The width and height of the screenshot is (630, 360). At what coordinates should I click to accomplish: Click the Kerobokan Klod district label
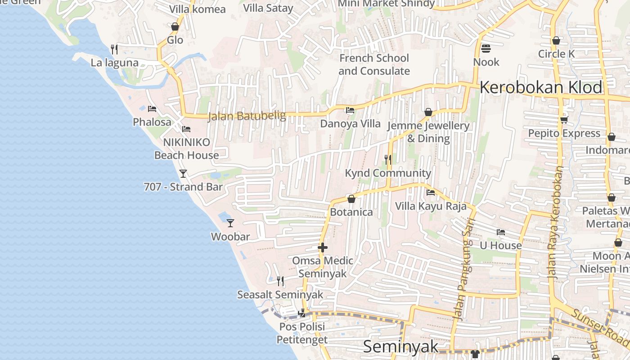540,87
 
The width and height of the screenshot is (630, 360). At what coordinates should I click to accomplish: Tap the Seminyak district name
400,346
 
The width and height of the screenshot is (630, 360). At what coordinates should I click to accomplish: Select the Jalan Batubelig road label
247,116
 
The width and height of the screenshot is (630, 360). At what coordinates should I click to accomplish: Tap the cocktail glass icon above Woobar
230,223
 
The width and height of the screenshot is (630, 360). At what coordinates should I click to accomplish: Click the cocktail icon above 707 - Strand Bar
183,173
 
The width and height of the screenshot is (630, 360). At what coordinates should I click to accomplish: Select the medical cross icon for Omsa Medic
323,247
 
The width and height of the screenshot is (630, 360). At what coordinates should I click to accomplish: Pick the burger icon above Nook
486,48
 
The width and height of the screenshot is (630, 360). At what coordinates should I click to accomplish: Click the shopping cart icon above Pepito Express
564,120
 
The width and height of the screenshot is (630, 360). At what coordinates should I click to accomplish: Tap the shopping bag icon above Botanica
351,199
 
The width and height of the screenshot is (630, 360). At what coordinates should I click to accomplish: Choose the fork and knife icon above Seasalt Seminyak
280,281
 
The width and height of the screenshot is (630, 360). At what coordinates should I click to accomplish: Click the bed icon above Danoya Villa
350,110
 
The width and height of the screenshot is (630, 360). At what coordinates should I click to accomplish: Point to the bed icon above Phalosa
152,109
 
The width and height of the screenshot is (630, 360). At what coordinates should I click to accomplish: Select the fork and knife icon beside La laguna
114,49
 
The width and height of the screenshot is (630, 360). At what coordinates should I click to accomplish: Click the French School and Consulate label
374,64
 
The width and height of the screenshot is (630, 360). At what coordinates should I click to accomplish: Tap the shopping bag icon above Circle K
556,40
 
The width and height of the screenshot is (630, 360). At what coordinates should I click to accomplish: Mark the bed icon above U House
500,232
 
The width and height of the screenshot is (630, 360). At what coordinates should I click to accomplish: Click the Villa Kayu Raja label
431,206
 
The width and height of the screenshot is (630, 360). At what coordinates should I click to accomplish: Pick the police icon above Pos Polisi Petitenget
302,313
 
